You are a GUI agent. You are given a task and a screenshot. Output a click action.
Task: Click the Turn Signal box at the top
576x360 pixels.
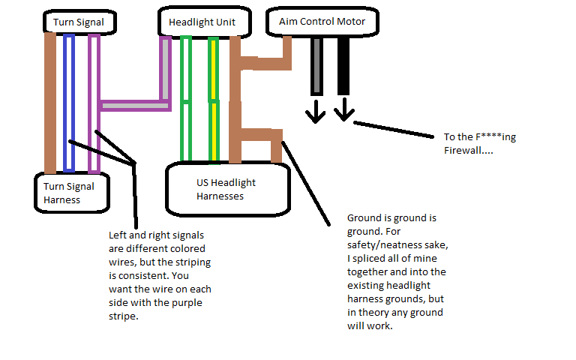click(78, 22)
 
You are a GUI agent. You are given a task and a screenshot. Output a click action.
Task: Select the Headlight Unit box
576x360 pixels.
click(202, 22)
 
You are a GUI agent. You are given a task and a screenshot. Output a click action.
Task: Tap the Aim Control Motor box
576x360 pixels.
click(322, 22)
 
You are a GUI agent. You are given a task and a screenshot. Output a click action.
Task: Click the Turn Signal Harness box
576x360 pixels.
click(71, 193)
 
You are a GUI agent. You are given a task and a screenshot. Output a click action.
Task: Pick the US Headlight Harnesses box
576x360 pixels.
click(226, 188)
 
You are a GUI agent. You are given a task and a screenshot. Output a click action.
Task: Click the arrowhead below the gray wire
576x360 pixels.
click(315, 113)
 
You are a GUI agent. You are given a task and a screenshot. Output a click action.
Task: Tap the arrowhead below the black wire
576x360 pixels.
click(343, 113)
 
